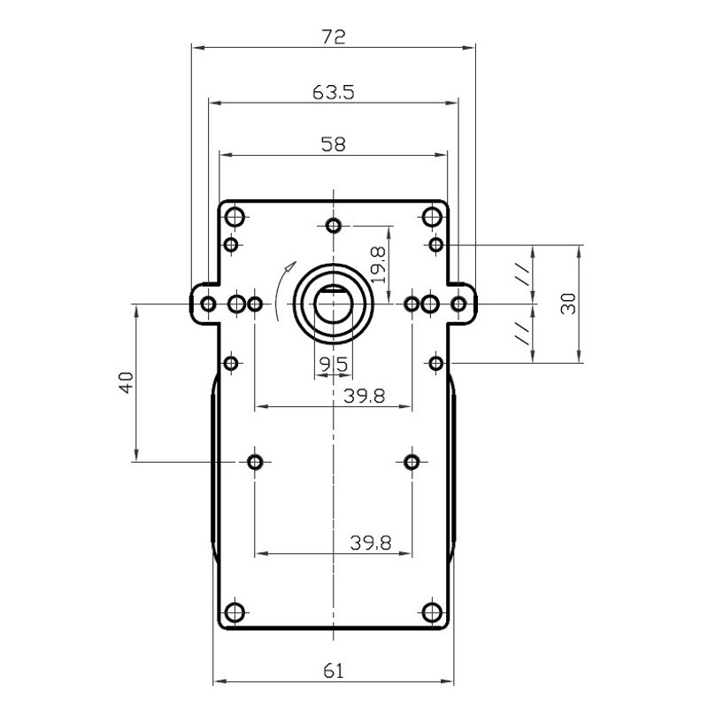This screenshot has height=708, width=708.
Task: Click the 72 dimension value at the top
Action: (334, 37)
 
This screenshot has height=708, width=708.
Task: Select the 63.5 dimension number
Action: (334, 93)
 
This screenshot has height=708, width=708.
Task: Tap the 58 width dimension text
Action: (334, 144)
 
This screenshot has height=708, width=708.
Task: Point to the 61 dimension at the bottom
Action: (334, 671)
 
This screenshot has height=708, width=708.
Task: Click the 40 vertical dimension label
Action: (127, 382)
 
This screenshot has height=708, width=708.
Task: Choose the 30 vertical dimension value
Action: (568, 304)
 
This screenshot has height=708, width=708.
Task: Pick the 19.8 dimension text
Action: (379, 265)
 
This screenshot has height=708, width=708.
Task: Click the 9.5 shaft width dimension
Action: (334, 364)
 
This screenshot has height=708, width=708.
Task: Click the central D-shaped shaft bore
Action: (334, 304)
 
